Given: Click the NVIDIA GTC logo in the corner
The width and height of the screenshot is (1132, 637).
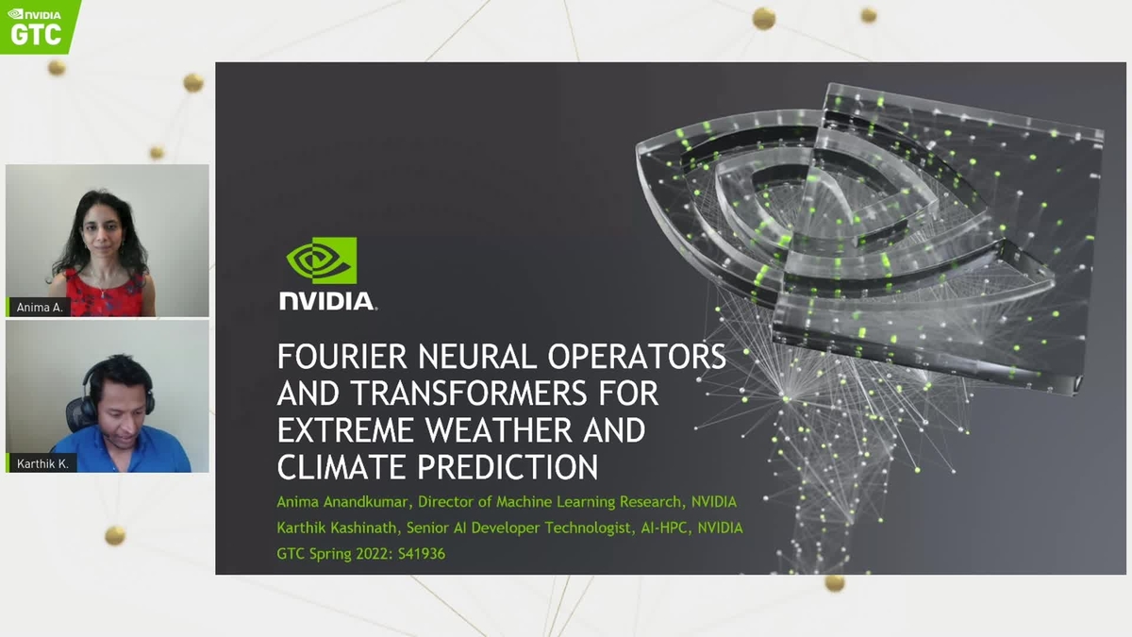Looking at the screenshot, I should coord(38,25).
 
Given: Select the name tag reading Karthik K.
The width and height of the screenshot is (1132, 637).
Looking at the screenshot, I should coord(42,463).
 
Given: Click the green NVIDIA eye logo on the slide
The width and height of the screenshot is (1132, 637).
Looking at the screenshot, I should coord(322,260).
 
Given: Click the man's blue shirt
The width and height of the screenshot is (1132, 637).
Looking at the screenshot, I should coord(123,453).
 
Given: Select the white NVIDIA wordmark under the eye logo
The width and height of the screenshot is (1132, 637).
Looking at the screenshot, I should coord(327,302).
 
